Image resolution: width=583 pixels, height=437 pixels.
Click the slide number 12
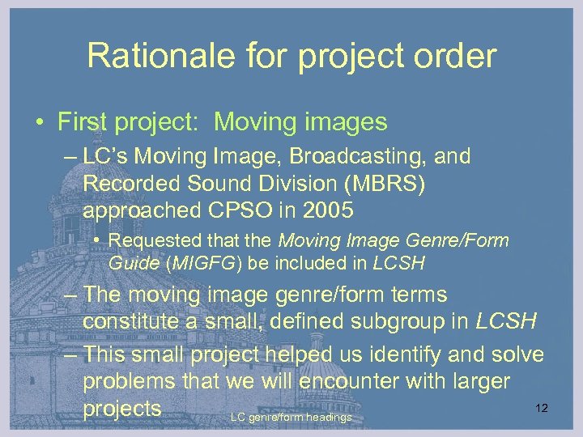click(542, 408)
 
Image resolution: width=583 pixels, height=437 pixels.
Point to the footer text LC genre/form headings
click(291, 418)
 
